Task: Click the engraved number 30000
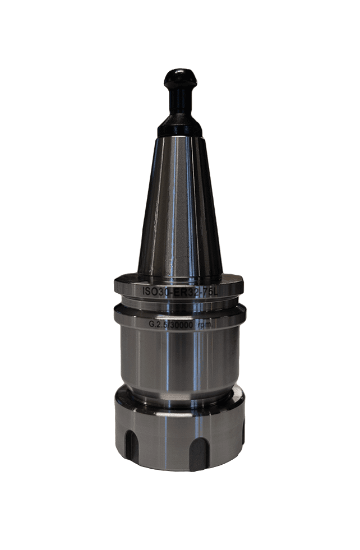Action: (187, 323)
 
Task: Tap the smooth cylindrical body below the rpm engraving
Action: (179, 359)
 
